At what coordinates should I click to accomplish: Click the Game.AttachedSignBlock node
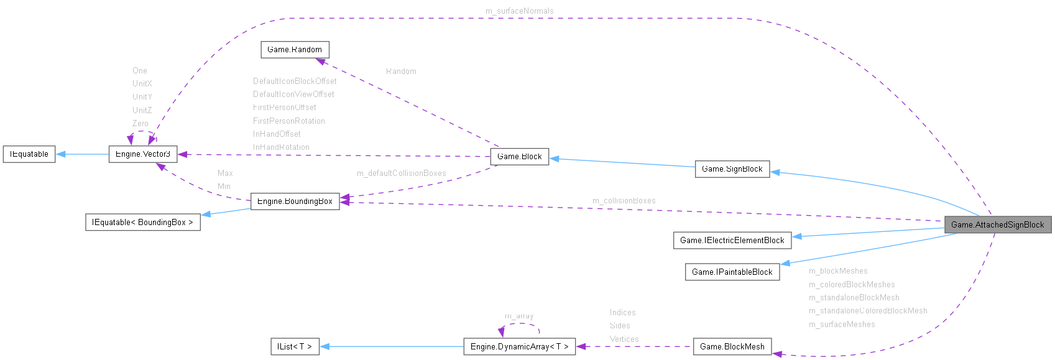997,224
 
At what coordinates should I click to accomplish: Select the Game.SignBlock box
732,168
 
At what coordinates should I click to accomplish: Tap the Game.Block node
519,156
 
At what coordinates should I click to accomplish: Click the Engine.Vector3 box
142,154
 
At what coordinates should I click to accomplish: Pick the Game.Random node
294,49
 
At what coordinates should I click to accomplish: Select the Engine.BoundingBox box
295,201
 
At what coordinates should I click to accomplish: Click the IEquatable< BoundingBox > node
142,222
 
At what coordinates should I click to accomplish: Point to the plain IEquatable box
29,154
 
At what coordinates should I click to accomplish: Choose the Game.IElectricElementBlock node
732,240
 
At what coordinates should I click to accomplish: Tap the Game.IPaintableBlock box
732,272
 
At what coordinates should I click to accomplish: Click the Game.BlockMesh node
732,346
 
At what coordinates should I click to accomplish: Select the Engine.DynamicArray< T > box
519,346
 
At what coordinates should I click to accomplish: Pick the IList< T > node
295,346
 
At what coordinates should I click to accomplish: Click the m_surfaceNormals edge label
519,11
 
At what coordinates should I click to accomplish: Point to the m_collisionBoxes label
624,200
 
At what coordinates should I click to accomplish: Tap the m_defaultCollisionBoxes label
401,173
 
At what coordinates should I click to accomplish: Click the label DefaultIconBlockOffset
295,81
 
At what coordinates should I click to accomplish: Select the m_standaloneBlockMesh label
854,297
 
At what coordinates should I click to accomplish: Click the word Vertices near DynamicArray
624,339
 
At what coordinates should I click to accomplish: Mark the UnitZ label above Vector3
142,110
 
